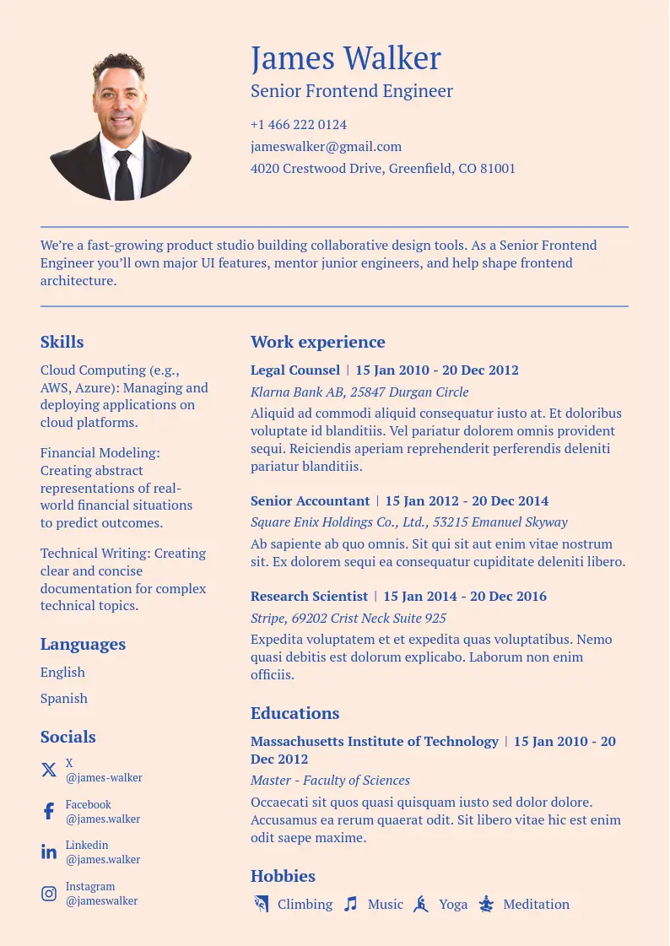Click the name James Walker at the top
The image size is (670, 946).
(x=346, y=58)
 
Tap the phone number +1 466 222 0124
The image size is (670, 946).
(x=299, y=125)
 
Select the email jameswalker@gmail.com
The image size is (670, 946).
(x=326, y=147)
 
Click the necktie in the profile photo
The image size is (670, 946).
(x=123, y=175)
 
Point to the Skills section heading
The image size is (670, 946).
(x=62, y=342)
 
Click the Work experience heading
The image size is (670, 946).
(x=317, y=342)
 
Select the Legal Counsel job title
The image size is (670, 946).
(x=295, y=370)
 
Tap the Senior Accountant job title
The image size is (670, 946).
(x=310, y=501)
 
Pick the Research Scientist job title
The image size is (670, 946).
(x=309, y=597)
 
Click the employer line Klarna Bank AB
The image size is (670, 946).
(x=359, y=392)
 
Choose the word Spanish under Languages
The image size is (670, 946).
(x=64, y=699)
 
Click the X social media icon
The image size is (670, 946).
(x=49, y=770)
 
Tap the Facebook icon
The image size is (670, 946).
(x=49, y=811)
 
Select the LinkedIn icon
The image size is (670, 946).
(x=49, y=851)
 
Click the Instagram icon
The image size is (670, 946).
(x=49, y=893)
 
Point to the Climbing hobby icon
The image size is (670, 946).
(x=261, y=904)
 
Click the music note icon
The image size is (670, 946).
(x=350, y=904)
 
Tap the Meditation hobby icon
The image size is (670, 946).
(x=486, y=904)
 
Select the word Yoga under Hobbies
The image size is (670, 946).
(x=453, y=905)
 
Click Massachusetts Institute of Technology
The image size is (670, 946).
(x=374, y=742)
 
